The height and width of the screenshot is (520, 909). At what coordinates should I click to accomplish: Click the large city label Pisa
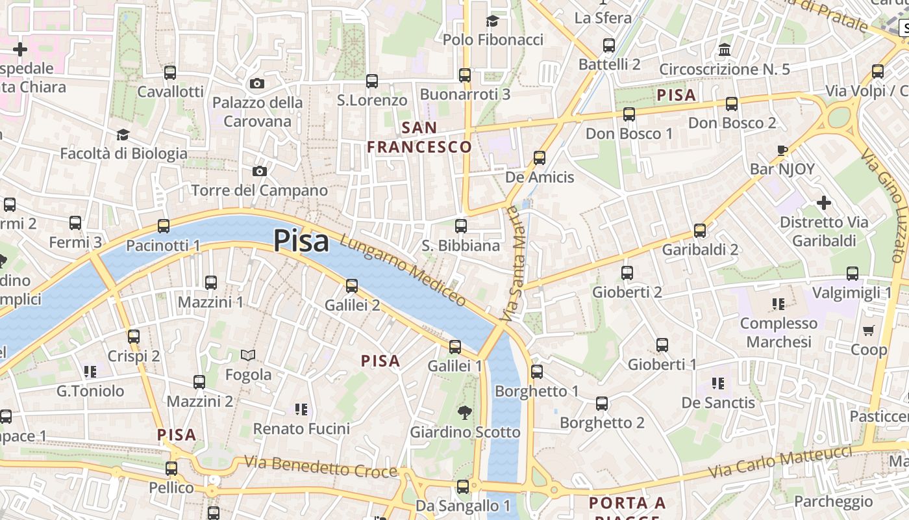click(x=301, y=241)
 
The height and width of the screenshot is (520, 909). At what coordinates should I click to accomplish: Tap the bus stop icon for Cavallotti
click(x=170, y=72)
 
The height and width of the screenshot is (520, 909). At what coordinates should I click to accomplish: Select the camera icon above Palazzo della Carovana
click(x=257, y=83)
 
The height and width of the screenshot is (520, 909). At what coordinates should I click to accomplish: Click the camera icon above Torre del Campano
click(x=260, y=171)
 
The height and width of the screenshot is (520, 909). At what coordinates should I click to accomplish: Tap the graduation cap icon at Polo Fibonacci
click(x=492, y=21)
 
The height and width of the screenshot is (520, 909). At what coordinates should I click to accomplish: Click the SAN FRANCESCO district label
click(x=419, y=137)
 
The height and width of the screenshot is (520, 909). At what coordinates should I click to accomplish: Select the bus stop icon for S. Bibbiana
click(x=461, y=226)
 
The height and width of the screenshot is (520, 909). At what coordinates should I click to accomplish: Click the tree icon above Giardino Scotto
click(x=464, y=412)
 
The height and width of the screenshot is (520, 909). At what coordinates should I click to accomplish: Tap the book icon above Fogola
click(x=248, y=355)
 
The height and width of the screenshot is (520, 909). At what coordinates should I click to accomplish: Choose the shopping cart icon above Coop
click(x=869, y=330)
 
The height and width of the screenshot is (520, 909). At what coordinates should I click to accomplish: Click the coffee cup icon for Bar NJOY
click(x=782, y=150)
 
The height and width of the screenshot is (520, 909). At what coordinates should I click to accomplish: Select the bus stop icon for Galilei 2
click(x=352, y=285)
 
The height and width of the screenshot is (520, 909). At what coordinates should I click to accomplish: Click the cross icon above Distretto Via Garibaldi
click(x=824, y=203)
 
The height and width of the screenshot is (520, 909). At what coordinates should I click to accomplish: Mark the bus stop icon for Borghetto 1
click(x=537, y=371)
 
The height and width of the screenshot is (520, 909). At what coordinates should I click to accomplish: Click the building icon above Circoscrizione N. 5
click(x=725, y=49)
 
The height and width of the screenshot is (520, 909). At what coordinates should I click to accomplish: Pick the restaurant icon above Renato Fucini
click(x=301, y=409)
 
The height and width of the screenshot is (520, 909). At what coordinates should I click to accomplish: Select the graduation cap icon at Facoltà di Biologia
click(x=123, y=135)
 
